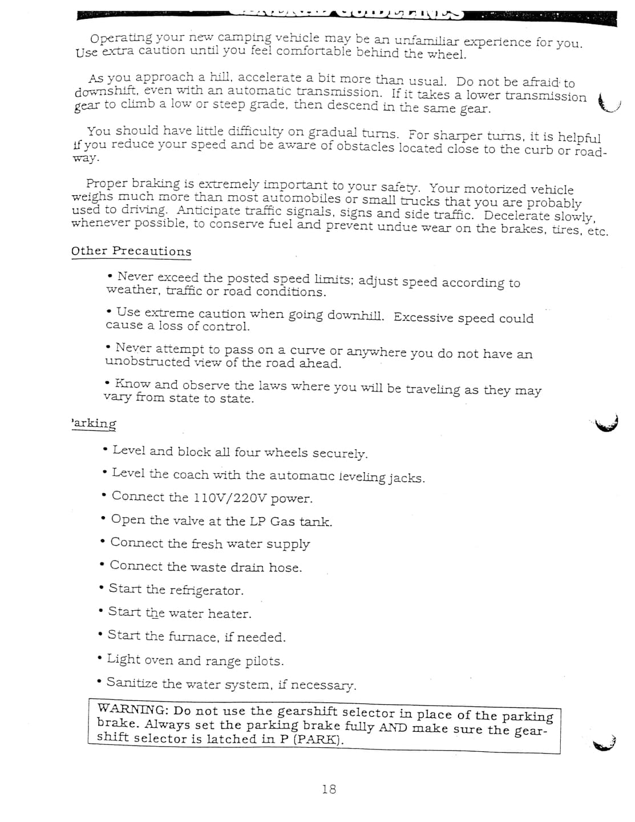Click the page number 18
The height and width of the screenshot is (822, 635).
tap(329, 789)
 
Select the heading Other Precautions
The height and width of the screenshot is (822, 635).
tap(131, 251)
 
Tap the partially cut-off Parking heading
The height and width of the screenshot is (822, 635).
tap(94, 424)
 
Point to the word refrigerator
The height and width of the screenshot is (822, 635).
tap(206, 590)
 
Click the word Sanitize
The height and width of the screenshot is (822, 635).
tap(132, 683)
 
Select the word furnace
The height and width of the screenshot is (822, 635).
tap(192, 636)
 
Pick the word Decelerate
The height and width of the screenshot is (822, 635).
tap(516, 216)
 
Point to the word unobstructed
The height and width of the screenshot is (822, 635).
tap(147, 362)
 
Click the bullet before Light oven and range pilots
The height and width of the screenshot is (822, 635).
tap(100, 659)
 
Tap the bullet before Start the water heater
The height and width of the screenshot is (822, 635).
tap(101, 612)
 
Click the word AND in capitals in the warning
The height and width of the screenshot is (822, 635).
tap(393, 728)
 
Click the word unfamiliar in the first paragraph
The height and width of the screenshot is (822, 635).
tap(427, 41)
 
